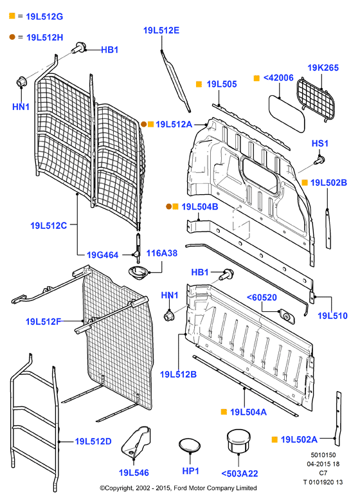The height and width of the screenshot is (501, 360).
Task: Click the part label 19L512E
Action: tap(161, 30)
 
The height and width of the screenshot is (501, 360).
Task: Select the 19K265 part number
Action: tap(323, 68)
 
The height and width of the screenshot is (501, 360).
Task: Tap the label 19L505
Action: tap(222, 84)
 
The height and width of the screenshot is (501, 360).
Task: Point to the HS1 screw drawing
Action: tap(319, 159)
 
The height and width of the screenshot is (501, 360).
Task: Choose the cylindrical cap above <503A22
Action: tap(239, 441)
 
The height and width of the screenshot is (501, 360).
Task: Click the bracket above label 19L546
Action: tap(136, 442)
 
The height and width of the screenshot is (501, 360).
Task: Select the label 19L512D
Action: tap(93, 441)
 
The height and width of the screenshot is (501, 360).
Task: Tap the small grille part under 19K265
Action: tap(316, 99)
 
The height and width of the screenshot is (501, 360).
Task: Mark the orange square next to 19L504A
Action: tap(224, 412)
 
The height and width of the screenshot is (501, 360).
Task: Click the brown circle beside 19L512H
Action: tap(12, 37)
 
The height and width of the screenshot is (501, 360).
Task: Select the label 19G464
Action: tap(103, 255)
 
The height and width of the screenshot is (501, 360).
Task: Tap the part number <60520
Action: tap(262, 298)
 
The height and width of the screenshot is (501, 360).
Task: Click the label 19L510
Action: tap(332, 316)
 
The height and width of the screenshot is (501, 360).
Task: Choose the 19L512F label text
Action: tap(44, 322)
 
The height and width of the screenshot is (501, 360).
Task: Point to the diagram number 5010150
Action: tap(323, 455)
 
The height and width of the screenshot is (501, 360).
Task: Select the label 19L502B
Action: tap(328, 183)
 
